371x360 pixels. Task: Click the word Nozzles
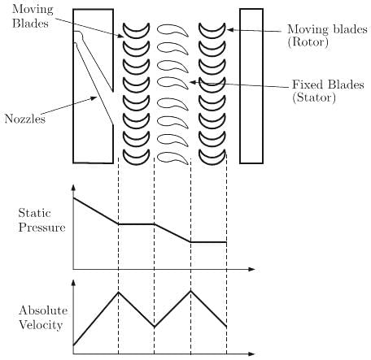25,119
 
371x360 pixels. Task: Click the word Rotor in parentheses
308,42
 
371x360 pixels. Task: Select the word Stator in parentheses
314,98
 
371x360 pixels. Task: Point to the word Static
34,213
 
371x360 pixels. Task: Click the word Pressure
41,227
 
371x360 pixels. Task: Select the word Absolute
43,310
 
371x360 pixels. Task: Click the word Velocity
41,325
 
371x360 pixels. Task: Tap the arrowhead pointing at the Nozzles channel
94,98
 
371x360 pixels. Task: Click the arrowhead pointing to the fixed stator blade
192,82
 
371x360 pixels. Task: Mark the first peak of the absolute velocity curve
118,292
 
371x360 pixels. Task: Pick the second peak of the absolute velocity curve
190,291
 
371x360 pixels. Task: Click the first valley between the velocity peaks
154,327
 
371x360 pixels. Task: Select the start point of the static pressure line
73,198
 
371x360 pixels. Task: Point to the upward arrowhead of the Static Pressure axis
73,188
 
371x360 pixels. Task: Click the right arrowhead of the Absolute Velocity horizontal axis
251,353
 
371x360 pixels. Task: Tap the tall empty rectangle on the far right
251,86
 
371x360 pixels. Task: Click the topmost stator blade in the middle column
172,30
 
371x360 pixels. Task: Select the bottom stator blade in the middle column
172,158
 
